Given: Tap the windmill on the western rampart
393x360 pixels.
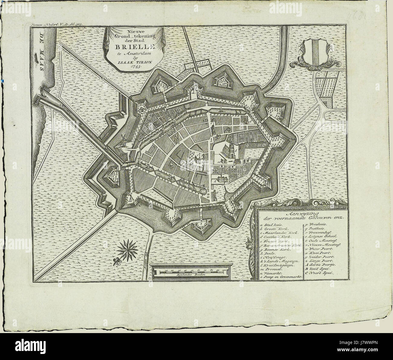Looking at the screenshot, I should [x=124, y=139].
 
